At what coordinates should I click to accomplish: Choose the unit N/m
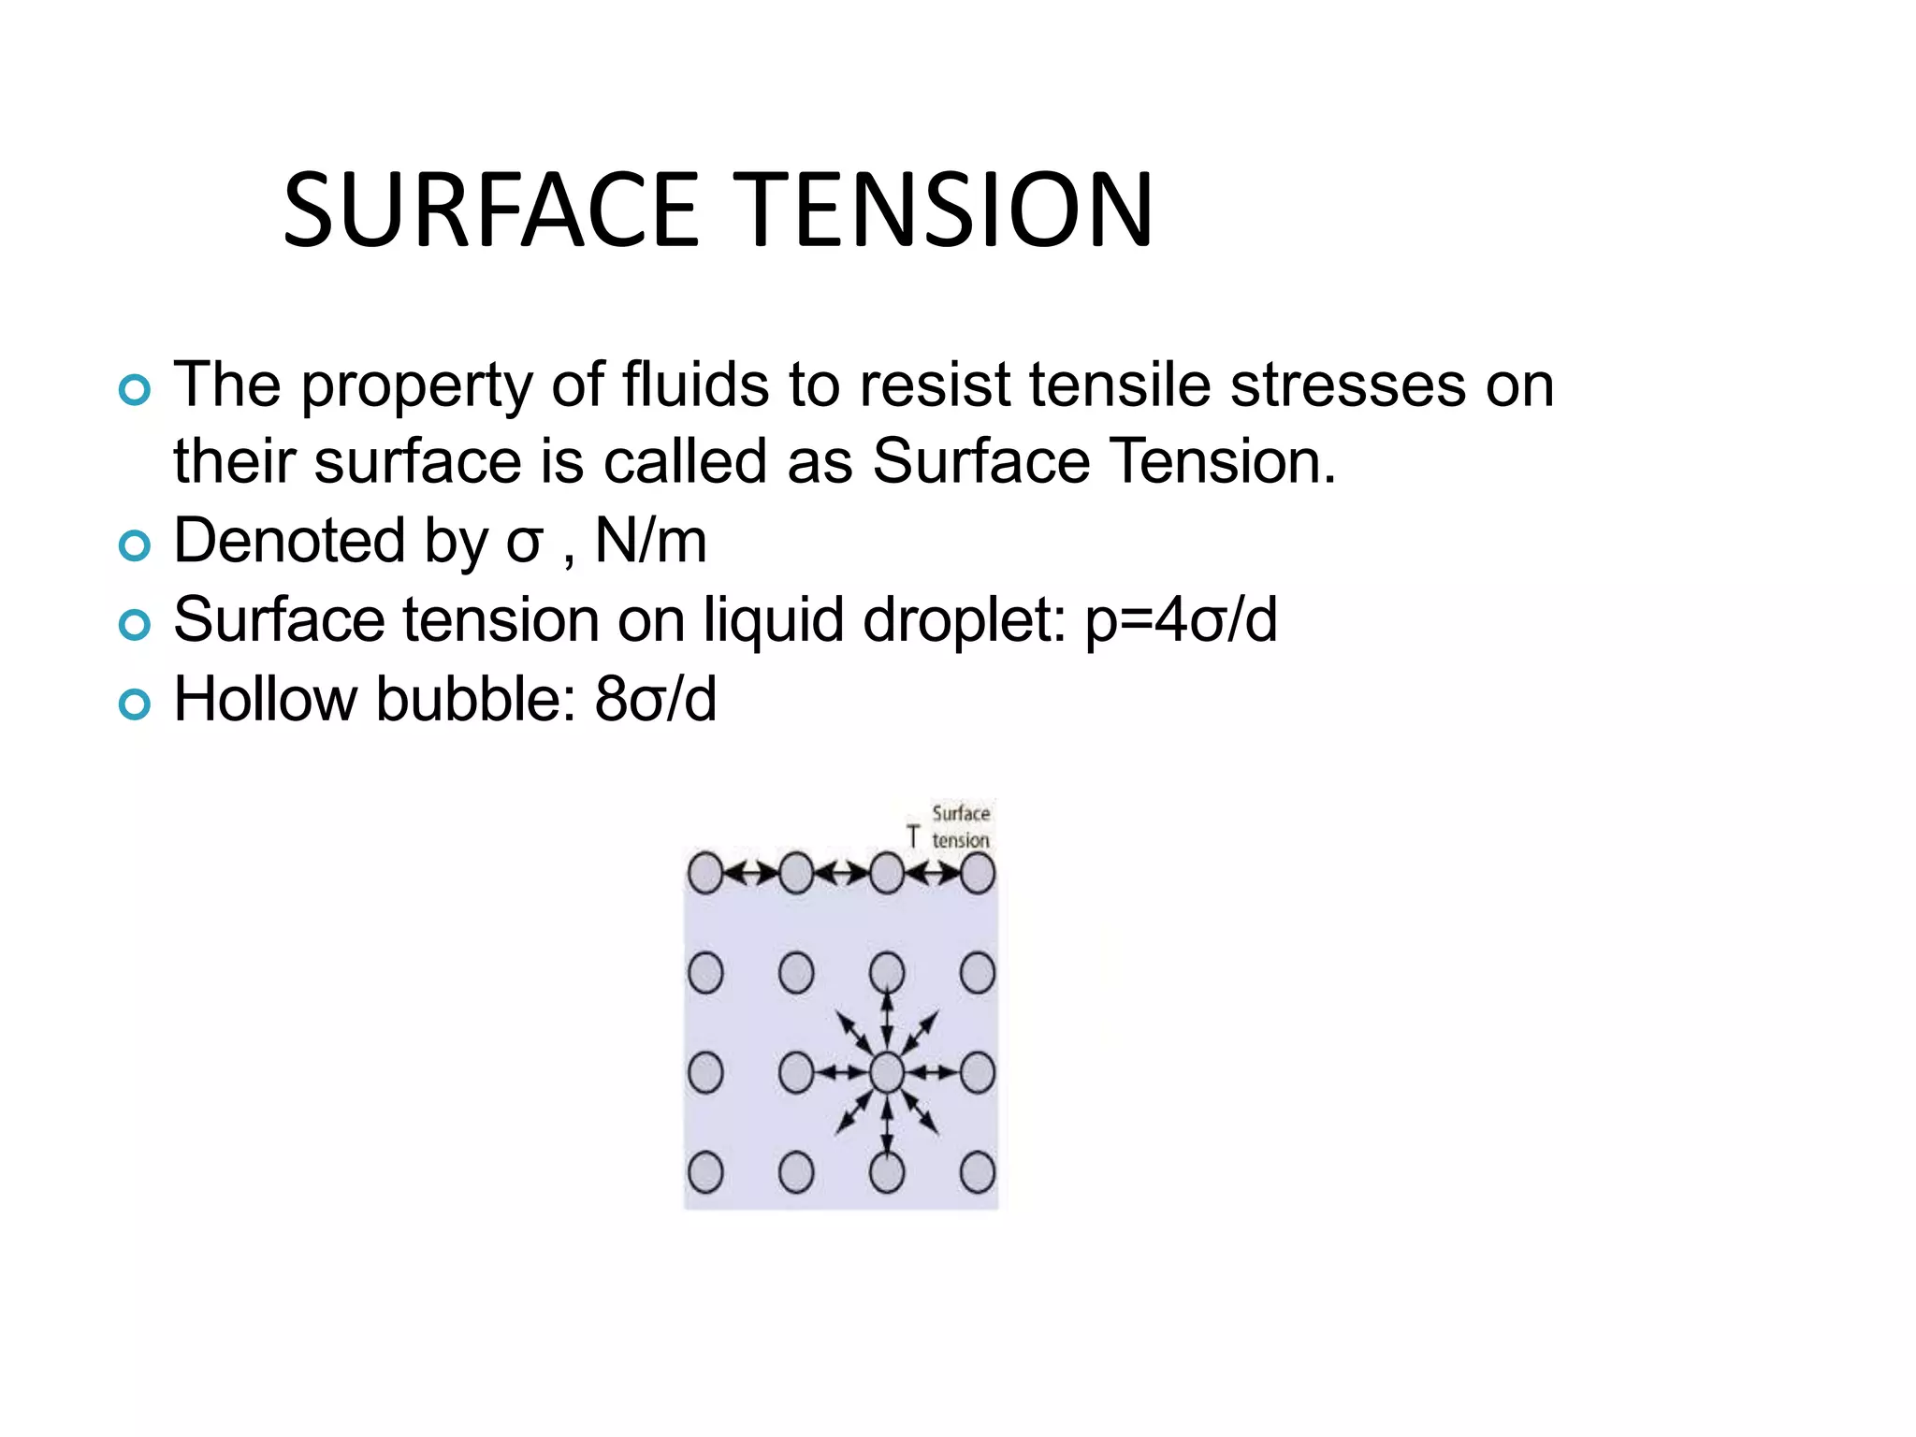pos(651,542)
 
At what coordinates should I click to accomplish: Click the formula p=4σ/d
pos(1181,620)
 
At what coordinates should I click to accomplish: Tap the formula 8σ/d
pos(656,700)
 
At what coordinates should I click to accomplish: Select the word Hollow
pos(266,700)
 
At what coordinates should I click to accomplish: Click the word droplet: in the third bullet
pos(965,620)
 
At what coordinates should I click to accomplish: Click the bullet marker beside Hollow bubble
pos(135,704)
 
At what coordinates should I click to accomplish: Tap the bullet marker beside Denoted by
pos(135,545)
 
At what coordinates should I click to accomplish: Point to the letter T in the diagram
pos(913,836)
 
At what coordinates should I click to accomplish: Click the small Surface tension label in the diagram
pos(961,827)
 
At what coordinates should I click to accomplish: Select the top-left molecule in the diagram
pos(704,874)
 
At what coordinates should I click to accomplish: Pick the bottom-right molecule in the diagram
pos(977,1172)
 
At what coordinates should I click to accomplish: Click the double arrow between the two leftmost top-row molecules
pos(750,874)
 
